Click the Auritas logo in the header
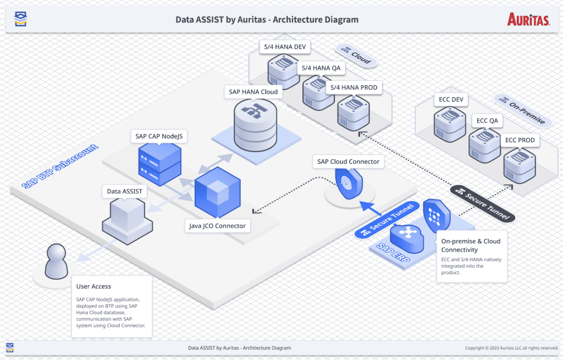click(x=528, y=20)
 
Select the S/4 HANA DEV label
click(x=285, y=47)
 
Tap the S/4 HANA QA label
click(x=321, y=68)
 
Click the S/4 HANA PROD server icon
click(x=354, y=112)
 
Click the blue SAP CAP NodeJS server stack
click(x=159, y=164)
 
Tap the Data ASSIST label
click(x=124, y=191)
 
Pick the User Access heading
click(x=93, y=286)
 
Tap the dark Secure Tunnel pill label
click(x=482, y=203)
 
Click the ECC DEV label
click(x=451, y=100)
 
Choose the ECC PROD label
click(x=520, y=140)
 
